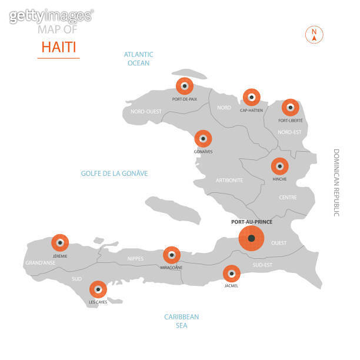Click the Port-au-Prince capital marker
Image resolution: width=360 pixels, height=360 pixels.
point(252,238)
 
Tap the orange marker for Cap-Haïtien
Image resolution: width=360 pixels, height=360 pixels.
point(252,97)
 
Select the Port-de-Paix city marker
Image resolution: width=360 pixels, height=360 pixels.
point(184,86)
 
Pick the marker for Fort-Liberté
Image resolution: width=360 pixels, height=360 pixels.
point(289,108)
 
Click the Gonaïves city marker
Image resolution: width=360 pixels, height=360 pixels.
point(203,139)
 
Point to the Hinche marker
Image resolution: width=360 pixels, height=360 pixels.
point(279,166)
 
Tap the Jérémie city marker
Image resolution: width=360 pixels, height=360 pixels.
point(60,242)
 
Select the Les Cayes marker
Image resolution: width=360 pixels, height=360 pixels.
point(98,289)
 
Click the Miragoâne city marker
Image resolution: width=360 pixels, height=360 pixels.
point(171,255)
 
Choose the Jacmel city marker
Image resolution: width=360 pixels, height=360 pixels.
point(231,274)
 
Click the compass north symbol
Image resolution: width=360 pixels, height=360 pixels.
point(314,35)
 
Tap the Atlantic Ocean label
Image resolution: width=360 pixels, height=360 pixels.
point(138,58)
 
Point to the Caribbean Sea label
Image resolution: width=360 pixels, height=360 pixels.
point(181,321)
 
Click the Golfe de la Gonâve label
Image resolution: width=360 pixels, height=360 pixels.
point(114,174)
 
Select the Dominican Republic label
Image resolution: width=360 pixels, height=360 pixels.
point(337,182)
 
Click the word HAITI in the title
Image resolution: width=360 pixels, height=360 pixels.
point(59,46)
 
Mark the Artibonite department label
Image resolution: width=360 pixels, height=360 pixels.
point(229,180)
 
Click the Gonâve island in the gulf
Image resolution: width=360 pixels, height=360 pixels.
point(174,209)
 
